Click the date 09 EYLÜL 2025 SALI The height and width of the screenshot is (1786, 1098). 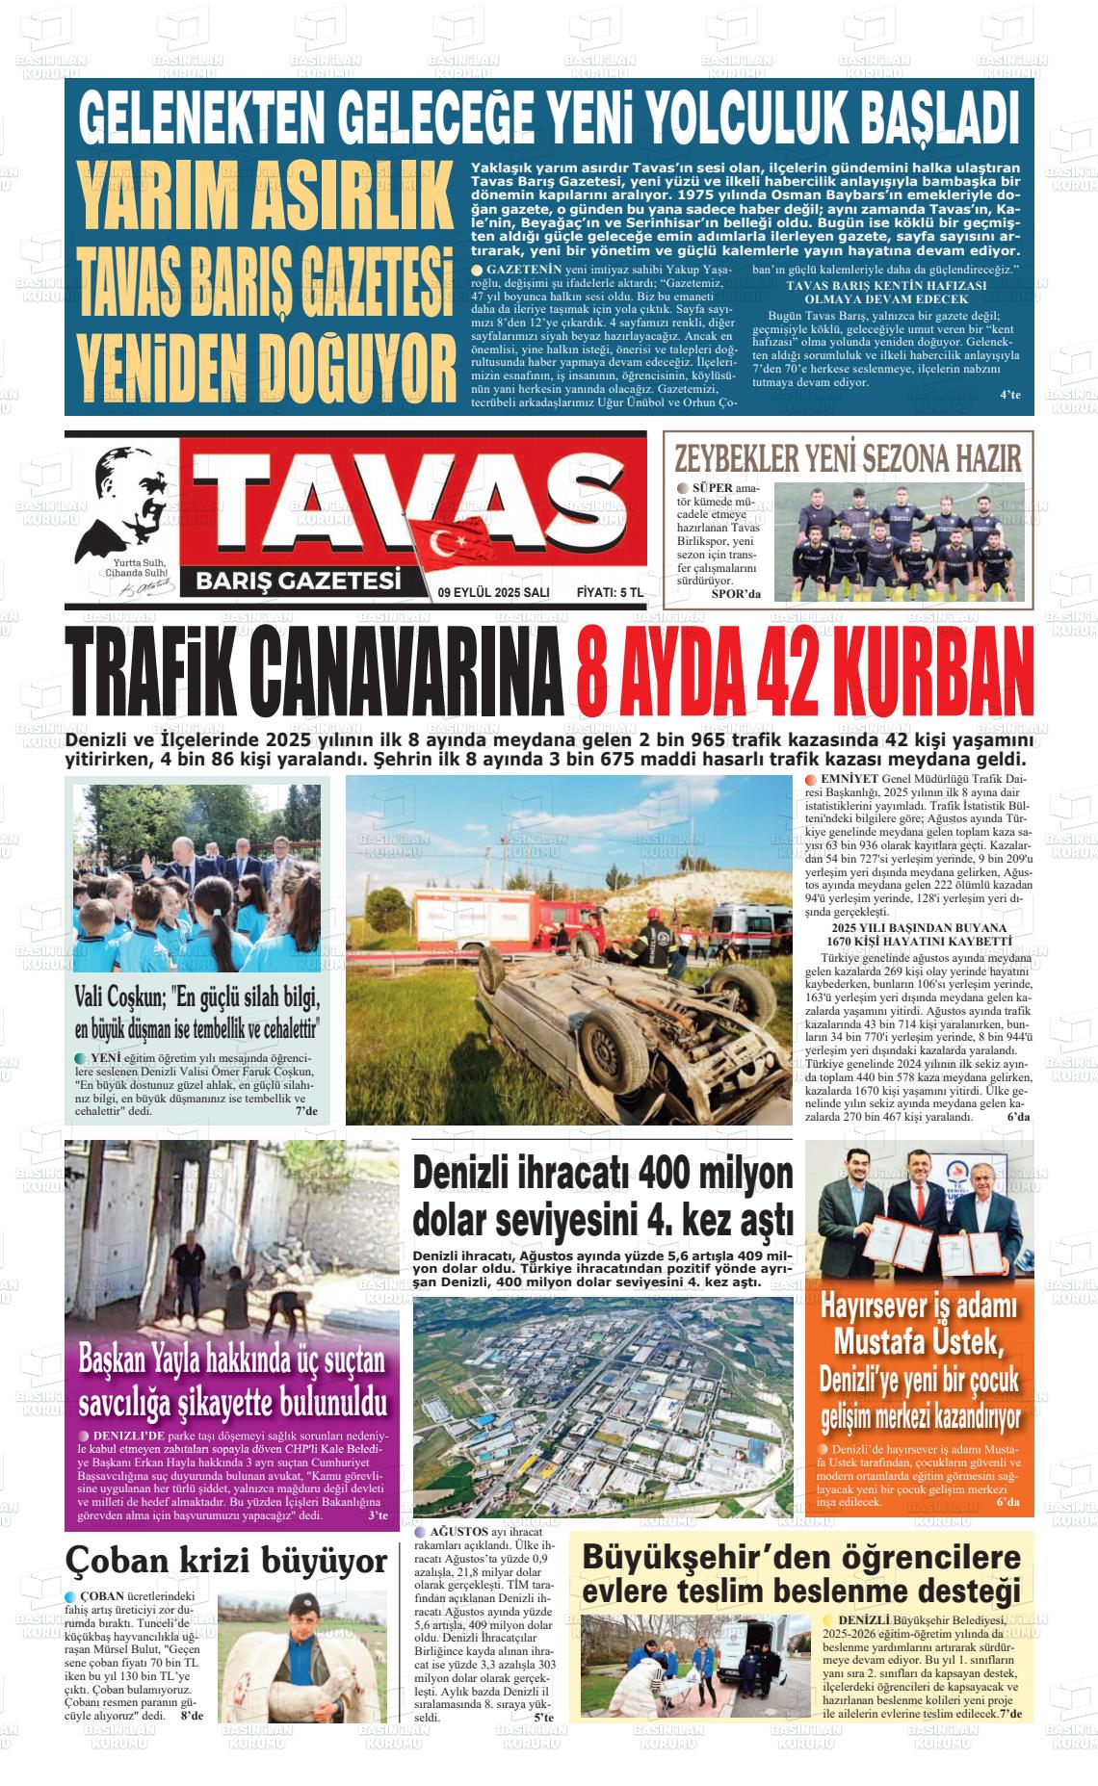[493, 593]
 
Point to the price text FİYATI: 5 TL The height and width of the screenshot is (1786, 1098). [609, 593]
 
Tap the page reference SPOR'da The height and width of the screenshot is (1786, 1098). [735, 593]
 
